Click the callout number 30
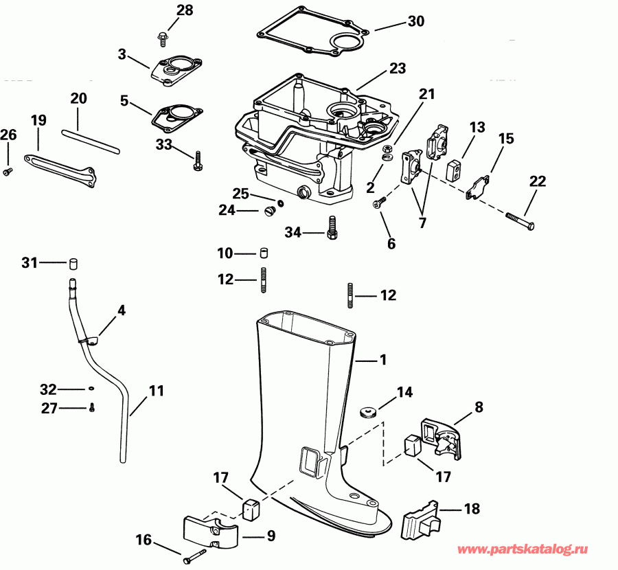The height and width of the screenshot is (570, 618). (416, 21)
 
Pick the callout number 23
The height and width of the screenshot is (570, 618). (398, 69)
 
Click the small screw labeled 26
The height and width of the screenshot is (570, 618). (8, 170)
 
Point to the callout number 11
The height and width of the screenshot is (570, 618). (157, 391)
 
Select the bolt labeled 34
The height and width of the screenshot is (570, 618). (332, 227)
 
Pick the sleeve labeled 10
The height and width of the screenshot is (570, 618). (262, 253)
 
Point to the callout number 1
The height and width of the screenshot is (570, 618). (383, 359)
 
